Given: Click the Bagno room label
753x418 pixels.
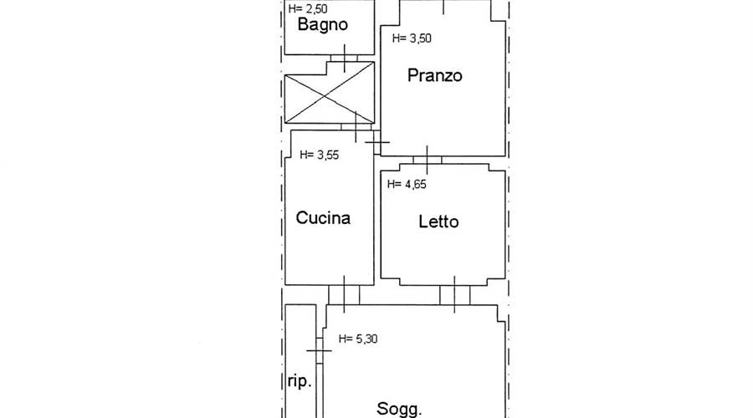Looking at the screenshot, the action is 322,25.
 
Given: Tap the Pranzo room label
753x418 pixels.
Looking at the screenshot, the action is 434,75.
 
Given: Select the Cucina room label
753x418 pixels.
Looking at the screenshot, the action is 323,218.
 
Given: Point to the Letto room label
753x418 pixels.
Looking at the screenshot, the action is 438,222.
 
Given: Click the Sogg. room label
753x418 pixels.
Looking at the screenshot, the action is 399,410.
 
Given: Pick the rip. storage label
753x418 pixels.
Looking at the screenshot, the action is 300,381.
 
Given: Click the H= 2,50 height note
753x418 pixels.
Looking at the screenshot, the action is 308,8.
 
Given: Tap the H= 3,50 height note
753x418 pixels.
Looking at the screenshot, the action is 412,38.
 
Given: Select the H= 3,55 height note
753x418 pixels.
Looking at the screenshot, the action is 319,155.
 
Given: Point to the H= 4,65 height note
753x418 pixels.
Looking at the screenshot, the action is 407,184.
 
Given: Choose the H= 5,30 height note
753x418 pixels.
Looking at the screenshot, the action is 358,339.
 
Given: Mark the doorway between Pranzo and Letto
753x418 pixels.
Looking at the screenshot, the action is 427,160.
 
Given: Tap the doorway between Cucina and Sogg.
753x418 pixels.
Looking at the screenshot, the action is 344,294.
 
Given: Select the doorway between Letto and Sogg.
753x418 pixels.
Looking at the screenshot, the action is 455,294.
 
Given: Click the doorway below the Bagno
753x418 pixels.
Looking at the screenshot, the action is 345,58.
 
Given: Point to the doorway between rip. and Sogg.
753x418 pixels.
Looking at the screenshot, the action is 320,350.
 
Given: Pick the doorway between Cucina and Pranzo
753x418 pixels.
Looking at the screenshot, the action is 377,142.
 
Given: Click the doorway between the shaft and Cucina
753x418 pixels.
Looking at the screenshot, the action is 356,127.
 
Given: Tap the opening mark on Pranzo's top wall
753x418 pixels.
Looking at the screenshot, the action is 443,7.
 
